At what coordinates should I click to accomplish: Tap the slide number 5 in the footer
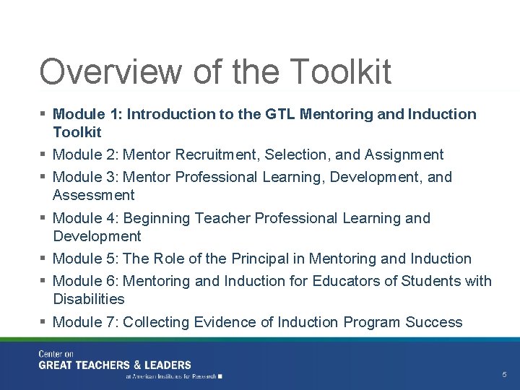pyautogui.click(x=504, y=375)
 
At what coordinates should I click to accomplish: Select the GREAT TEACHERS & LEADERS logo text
pyautogui.click(x=115, y=365)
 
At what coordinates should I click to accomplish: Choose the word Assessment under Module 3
pyautogui.click(x=93, y=195)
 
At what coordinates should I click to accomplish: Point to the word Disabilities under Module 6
pyautogui.click(x=88, y=299)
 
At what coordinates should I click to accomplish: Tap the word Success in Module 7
pyautogui.click(x=433, y=322)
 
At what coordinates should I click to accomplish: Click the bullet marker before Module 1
pyautogui.click(x=43, y=114)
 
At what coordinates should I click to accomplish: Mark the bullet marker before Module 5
pyautogui.click(x=43, y=258)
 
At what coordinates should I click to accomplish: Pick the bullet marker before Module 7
pyautogui.click(x=43, y=321)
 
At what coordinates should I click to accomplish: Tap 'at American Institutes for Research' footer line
pyautogui.click(x=170, y=376)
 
